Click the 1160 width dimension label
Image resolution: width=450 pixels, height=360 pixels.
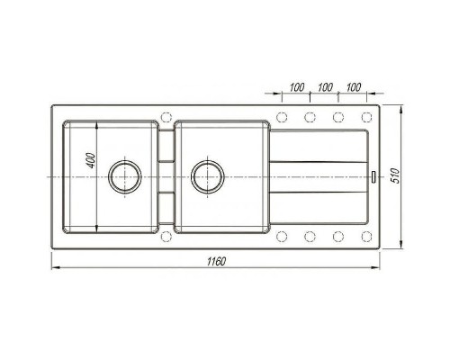pos(216,262)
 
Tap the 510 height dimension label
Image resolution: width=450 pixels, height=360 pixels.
pos(396,175)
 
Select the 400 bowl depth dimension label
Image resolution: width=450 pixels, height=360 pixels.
pos(92,161)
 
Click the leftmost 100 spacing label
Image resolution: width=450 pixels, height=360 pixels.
pos(297,87)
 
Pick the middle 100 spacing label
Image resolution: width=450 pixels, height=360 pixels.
pos(325,87)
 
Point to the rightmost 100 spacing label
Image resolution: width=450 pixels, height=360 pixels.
pos(354,87)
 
